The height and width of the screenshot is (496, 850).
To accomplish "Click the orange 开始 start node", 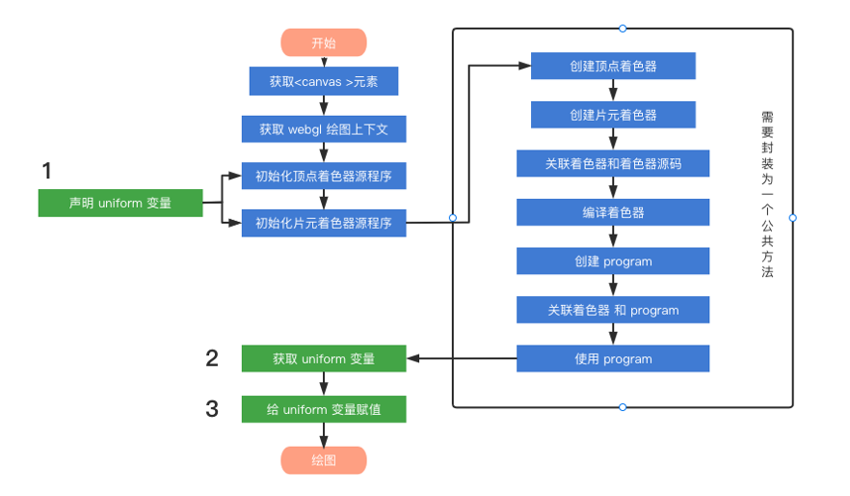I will [324, 43].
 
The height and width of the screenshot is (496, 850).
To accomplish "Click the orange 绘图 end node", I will [324, 460].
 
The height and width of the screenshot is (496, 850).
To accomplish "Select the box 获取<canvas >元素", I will [324, 81].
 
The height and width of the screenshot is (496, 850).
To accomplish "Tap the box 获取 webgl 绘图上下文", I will [324, 128].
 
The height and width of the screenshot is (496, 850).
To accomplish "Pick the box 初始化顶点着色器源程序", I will [324, 176].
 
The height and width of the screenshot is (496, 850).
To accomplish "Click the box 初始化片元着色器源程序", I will [324, 223].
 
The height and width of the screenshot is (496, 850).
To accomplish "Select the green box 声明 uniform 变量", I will [120, 203].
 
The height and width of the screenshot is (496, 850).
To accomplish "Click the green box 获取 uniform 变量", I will [324, 359].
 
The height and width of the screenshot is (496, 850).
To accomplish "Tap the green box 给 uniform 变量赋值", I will [324, 409].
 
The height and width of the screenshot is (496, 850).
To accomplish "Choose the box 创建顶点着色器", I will [613, 67].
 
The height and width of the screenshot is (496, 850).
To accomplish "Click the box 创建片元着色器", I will [613, 115].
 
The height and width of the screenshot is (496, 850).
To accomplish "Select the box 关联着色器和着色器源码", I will [613, 163].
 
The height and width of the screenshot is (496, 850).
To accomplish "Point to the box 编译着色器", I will [613, 212].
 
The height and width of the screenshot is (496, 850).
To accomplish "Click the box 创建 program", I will [613, 262].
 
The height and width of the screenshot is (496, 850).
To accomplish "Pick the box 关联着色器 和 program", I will [613, 310].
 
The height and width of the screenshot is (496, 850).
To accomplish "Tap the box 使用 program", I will [613, 359].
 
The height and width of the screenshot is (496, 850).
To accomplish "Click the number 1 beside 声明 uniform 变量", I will [46, 171].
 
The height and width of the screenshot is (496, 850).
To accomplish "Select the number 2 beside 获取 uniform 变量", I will [212, 358].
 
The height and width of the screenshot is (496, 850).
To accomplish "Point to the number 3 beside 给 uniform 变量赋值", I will [212, 408].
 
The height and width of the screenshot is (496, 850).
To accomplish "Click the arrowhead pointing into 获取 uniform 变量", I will [412, 359].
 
